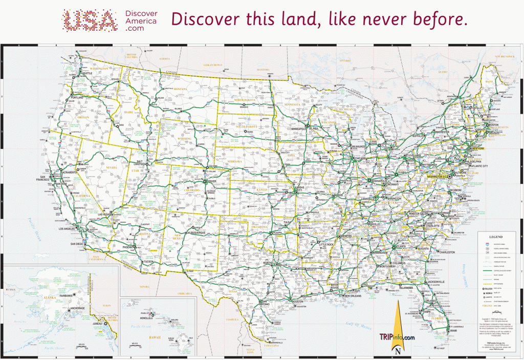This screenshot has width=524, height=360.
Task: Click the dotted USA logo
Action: point(90,20)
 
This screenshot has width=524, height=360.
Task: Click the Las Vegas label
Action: point(105,214)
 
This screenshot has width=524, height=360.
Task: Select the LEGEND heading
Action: point(496,237)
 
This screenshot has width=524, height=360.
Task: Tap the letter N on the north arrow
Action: point(398,351)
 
